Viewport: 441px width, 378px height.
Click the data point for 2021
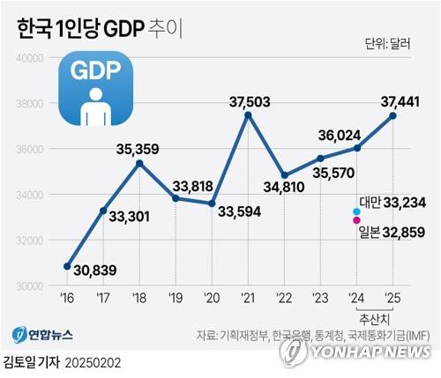(248, 115)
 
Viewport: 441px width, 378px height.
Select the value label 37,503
(248, 99)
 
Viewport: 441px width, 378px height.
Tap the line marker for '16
(67, 266)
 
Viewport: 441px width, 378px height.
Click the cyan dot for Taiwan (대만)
(356, 211)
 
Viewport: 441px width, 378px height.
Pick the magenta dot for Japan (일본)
(356, 221)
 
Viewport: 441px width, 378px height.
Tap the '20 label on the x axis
(212, 298)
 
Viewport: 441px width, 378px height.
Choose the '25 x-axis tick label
(392, 298)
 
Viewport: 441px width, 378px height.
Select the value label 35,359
(139, 149)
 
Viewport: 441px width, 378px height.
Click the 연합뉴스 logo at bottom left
(42, 336)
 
